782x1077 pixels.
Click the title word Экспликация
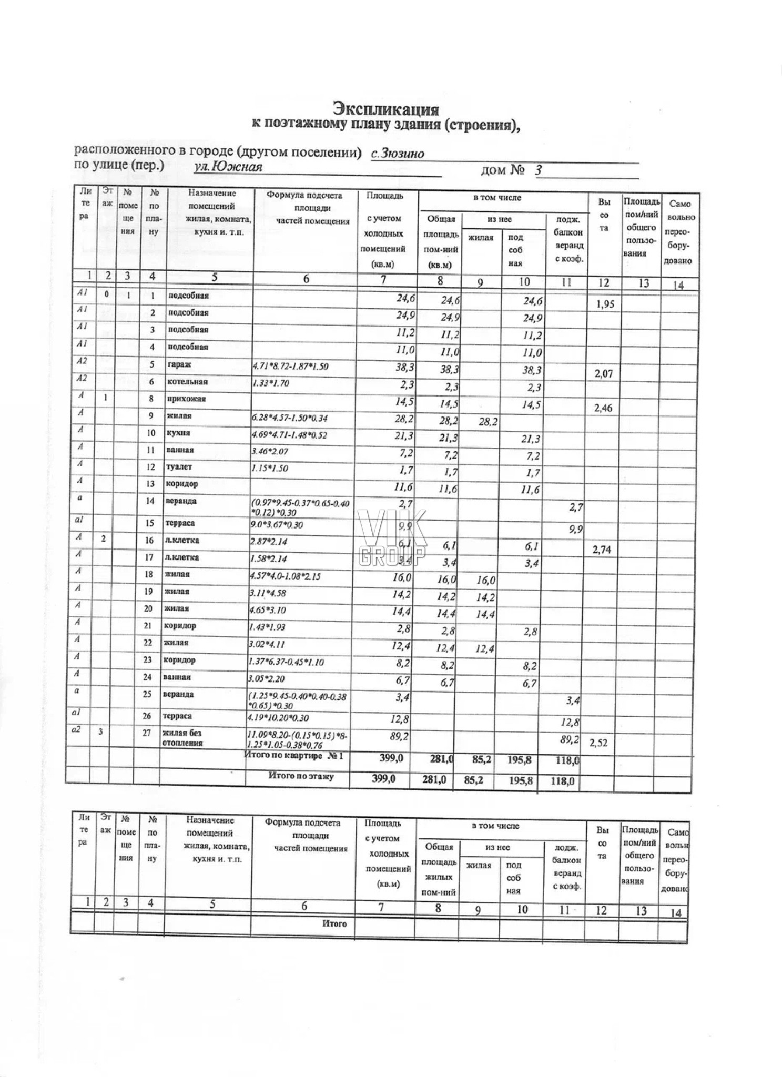point(386,109)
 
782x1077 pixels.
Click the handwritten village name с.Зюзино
point(398,154)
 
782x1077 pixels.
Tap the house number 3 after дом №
point(538,170)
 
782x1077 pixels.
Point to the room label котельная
point(188,382)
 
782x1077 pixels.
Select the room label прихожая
point(187,399)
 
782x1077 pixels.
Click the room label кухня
point(178,433)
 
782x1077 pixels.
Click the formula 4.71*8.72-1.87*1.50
point(290,366)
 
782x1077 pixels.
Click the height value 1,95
point(605,304)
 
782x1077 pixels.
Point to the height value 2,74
point(601,550)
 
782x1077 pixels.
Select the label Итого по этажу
point(301,777)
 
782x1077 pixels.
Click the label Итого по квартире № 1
point(294,756)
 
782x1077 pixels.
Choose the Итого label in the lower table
point(334,923)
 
